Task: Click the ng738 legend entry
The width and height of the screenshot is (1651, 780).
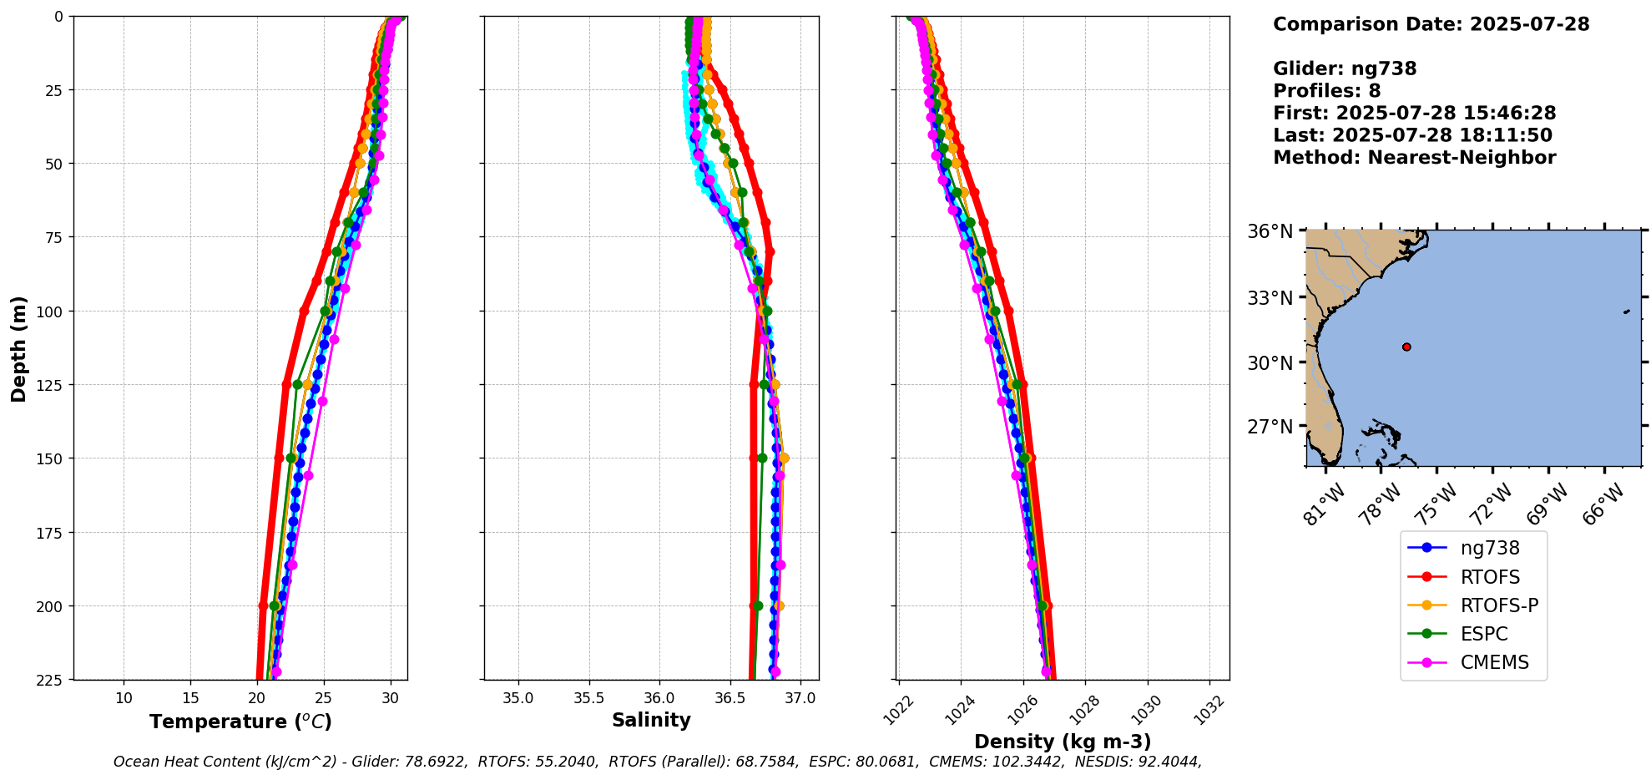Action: [1489, 548]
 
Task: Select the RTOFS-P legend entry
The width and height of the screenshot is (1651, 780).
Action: [1498, 605]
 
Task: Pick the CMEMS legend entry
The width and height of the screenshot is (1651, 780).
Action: [1494, 662]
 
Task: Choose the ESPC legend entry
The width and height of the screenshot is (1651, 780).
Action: [1484, 634]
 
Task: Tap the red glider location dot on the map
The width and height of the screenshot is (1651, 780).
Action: [1406, 347]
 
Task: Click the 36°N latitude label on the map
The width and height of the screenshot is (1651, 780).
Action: [1270, 231]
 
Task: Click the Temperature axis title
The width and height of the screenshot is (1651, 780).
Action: [240, 722]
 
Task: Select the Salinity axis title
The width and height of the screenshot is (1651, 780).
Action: [651, 720]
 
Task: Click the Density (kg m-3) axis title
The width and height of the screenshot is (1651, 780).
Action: [1063, 742]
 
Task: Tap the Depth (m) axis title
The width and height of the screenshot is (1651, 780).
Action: [18, 348]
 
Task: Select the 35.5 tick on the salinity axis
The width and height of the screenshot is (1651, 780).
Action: [588, 698]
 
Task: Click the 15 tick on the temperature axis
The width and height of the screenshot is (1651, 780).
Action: [190, 698]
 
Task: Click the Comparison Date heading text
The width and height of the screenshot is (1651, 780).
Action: [1431, 24]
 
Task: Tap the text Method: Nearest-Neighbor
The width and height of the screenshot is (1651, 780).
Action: [1414, 158]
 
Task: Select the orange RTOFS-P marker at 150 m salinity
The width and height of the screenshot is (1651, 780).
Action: [783, 458]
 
